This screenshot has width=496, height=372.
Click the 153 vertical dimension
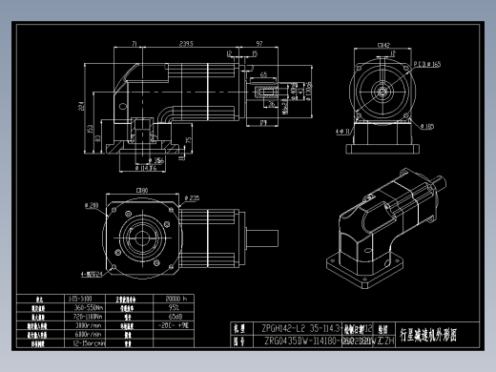coord(92,129)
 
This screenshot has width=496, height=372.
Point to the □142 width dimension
coord(383,44)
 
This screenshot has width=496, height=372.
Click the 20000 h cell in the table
coord(152,299)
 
